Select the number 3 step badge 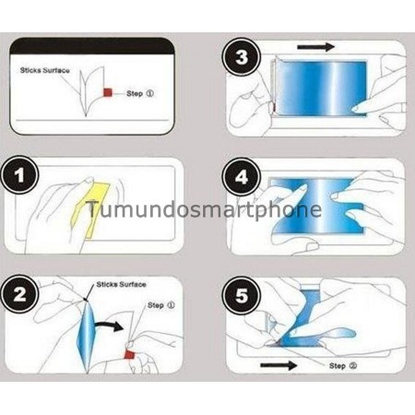point(242,58)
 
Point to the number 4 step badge point(242,175)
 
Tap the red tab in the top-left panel point(108,92)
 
